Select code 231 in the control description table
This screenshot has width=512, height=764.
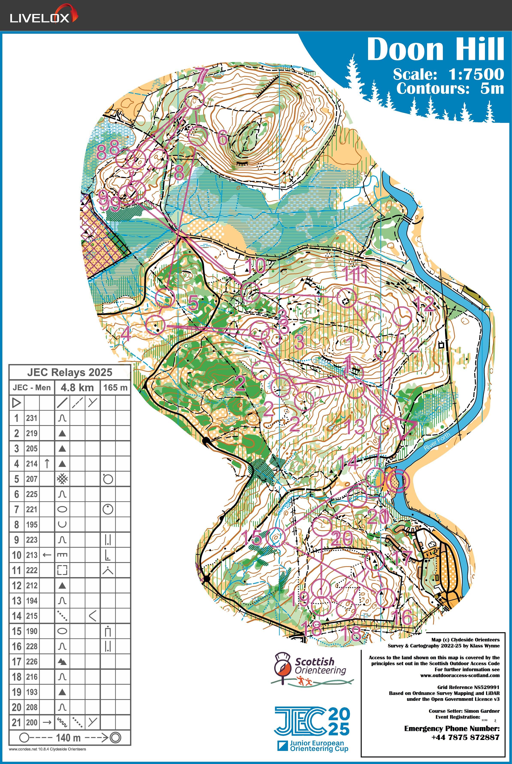tap(32, 418)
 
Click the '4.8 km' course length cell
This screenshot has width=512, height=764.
tap(77, 387)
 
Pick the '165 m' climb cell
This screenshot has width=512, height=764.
tap(115, 387)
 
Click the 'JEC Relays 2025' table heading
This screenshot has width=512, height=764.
tap(70, 372)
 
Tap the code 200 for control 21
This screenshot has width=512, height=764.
tap(32, 723)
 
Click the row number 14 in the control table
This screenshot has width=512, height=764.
tap(17, 616)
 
